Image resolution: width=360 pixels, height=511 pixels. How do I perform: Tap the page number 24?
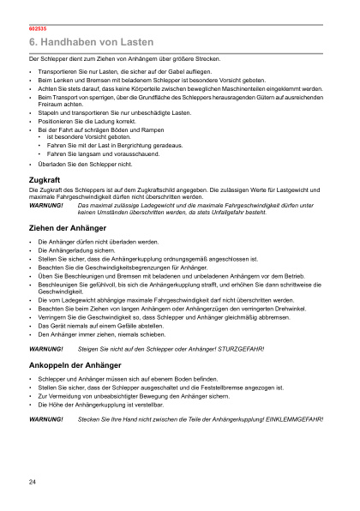(x=32, y=484)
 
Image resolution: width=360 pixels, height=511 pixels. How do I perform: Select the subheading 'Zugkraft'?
(x=45, y=180)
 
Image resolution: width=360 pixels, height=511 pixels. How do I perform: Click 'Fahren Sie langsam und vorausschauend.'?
(x=97, y=153)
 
